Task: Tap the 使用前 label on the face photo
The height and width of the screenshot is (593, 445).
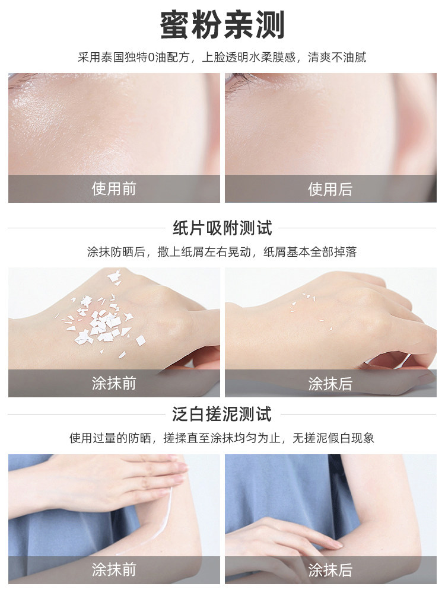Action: pyautogui.click(x=113, y=189)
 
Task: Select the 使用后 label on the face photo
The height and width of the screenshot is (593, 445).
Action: pyautogui.click(x=330, y=189)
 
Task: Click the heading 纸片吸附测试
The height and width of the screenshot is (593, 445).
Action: pyautogui.click(x=222, y=228)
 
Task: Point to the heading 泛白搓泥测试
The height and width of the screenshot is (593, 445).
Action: pyautogui.click(x=222, y=414)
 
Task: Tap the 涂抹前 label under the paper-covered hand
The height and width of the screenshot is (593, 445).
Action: pyautogui.click(x=113, y=383)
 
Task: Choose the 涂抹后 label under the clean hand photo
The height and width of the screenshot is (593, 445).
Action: pyautogui.click(x=330, y=383)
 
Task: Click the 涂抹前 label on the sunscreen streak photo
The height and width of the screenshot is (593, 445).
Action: pyautogui.click(x=113, y=570)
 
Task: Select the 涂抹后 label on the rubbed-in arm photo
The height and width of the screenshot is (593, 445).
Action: pyautogui.click(x=330, y=570)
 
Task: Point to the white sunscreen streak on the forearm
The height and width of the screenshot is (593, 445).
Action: pyautogui.click(x=163, y=513)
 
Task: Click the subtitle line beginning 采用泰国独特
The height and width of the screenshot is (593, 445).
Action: pyautogui.click(x=222, y=58)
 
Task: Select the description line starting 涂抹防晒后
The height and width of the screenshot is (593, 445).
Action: pyautogui.click(x=222, y=252)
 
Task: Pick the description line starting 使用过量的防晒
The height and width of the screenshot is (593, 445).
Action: pyautogui.click(x=222, y=438)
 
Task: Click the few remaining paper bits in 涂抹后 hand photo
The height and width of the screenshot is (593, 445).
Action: pyautogui.click(x=306, y=302)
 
